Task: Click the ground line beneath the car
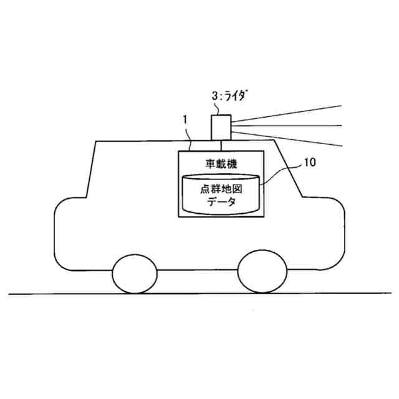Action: pyautogui.click(x=199, y=293)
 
